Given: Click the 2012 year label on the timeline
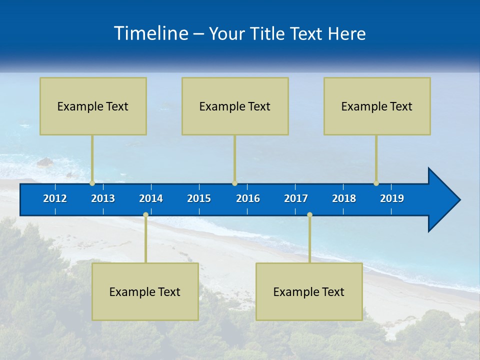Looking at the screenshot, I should pyautogui.click(x=55, y=198).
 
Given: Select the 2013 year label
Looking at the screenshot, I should pyautogui.click(x=103, y=198).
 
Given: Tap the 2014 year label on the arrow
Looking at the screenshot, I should pyautogui.click(x=151, y=198).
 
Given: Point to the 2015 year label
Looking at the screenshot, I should pyautogui.click(x=199, y=198).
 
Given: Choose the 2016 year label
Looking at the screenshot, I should pyautogui.click(x=248, y=198).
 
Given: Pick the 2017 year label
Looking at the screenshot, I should pyautogui.click(x=296, y=198).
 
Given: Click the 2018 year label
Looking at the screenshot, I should pyautogui.click(x=344, y=198).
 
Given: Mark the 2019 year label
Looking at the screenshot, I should pyautogui.click(x=392, y=198).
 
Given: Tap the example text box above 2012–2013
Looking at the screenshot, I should pyautogui.click(x=93, y=106).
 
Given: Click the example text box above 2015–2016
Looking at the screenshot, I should pyautogui.click(x=235, y=106).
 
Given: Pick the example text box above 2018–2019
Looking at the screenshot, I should pyautogui.click(x=377, y=106).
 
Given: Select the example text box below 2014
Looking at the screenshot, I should pyautogui.click(x=145, y=291).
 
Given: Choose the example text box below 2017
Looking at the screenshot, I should pyautogui.click(x=309, y=291).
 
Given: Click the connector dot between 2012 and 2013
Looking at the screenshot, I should pyautogui.click(x=92, y=183).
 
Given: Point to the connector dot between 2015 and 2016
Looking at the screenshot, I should pyautogui.click(x=234, y=183).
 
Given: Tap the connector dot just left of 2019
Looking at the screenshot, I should pyautogui.click(x=376, y=183).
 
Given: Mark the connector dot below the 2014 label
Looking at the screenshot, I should pyautogui.click(x=145, y=214).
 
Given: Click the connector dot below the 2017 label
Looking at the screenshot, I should pyautogui.click(x=309, y=214).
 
